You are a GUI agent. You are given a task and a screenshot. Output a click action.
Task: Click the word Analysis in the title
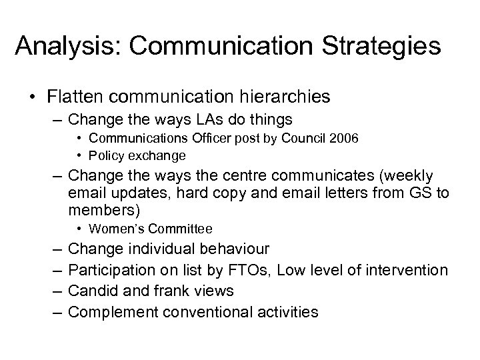click(62, 46)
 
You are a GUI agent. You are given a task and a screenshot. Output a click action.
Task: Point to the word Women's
click(114, 229)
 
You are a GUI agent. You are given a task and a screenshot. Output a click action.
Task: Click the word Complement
click(109, 311)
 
